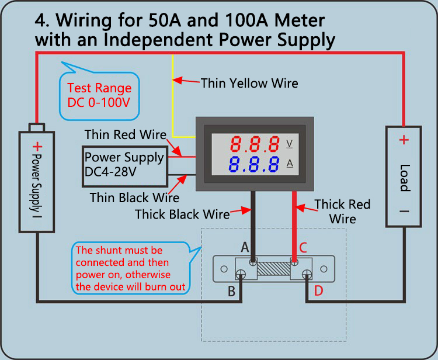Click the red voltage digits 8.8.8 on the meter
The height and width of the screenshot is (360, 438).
click(x=253, y=143)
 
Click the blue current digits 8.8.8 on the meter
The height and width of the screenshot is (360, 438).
click(x=253, y=164)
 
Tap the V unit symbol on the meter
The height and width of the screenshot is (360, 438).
click(x=290, y=143)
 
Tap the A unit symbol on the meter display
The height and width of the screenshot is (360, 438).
click(x=290, y=164)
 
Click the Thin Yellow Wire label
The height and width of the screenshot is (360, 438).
click(x=249, y=83)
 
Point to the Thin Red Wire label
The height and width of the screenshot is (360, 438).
click(x=126, y=134)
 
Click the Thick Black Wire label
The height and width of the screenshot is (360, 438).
click(x=182, y=214)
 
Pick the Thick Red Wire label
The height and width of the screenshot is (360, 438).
click(x=342, y=212)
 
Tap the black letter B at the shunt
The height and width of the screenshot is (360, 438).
click(x=231, y=291)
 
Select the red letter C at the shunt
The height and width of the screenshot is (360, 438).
click(x=303, y=247)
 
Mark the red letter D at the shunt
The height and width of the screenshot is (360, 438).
click(x=318, y=291)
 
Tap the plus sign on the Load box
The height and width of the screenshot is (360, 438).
click(x=404, y=140)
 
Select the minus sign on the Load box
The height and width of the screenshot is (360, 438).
click(x=404, y=212)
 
